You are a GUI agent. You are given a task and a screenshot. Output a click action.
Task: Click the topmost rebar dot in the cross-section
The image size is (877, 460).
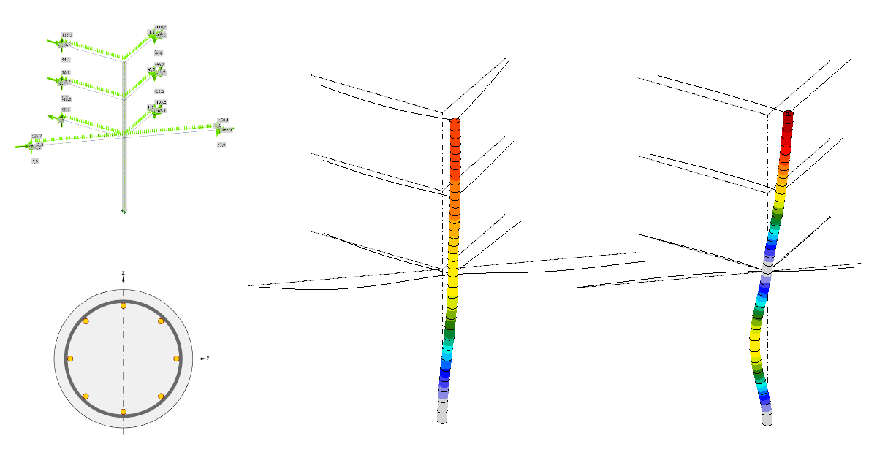click(x=124, y=305)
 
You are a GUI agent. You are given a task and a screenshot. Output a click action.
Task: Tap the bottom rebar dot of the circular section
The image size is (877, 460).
click(x=124, y=412)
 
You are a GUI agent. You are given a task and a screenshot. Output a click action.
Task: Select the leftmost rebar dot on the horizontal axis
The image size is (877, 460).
click(x=70, y=359)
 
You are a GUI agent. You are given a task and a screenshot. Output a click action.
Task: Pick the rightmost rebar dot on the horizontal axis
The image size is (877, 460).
click(x=176, y=359)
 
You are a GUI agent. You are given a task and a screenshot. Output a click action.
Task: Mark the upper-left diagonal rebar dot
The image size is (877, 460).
click(x=86, y=321)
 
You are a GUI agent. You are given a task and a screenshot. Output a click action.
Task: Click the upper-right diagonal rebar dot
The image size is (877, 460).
click(x=161, y=321)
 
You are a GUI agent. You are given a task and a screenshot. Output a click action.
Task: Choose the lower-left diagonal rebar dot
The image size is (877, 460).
click(x=86, y=396)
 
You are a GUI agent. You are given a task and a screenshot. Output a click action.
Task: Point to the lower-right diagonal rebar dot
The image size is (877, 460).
click(x=161, y=396)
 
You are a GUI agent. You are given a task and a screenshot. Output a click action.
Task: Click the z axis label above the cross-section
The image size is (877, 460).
click(x=124, y=272)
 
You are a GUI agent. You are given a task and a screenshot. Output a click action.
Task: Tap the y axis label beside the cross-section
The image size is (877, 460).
click(x=208, y=358)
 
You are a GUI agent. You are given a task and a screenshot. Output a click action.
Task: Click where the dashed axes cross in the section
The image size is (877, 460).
click(x=124, y=359)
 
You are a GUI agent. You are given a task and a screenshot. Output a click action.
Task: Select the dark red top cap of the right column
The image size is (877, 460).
click(x=788, y=115)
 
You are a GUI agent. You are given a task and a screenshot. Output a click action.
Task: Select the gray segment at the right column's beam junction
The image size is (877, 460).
click(x=767, y=269)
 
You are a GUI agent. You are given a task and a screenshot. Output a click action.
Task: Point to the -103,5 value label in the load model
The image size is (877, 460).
click(x=160, y=102)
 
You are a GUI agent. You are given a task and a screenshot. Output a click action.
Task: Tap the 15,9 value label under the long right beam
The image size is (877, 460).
click(x=221, y=145)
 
